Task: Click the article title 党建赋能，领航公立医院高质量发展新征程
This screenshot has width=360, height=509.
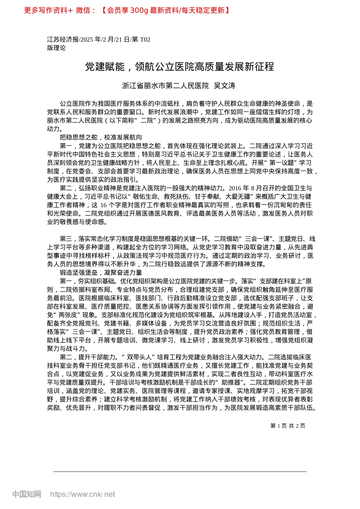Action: (179, 67)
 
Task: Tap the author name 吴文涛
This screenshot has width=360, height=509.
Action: (224, 86)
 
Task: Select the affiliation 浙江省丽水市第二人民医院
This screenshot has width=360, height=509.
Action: (165, 86)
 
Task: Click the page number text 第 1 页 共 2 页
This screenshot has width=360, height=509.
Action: (288, 426)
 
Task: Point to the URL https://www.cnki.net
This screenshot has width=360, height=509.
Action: (83, 494)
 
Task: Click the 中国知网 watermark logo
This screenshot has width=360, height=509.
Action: (27, 494)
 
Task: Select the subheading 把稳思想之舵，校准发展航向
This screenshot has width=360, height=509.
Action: (101, 137)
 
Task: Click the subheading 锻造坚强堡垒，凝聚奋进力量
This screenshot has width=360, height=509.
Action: (101, 273)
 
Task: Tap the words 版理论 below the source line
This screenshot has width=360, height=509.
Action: (56, 48)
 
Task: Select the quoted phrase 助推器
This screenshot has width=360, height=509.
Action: (231, 383)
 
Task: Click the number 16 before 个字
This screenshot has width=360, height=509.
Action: (104, 205)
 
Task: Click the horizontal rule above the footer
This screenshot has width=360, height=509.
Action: (180, 472)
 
